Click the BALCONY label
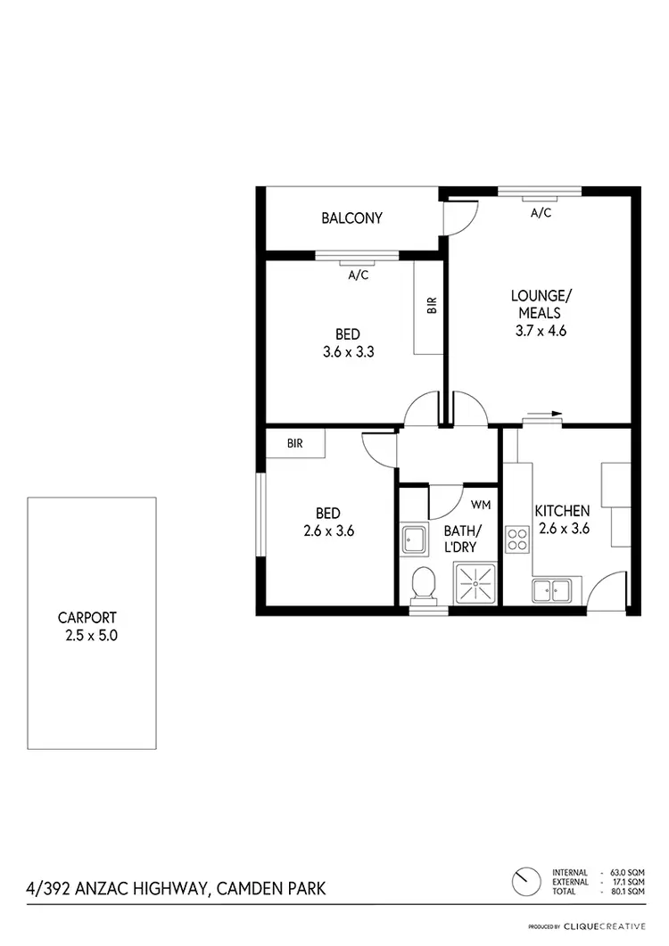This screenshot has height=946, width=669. click(x=352, y=218)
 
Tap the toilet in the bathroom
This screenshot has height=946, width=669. click(x=425, y=584)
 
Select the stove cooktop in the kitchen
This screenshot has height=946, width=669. click(x=517, y=539)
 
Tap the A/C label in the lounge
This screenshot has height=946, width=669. click(x=541, y=213)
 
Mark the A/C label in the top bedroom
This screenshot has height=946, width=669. click(x=358, y=276)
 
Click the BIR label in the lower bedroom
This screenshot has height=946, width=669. click(x=294, y=442)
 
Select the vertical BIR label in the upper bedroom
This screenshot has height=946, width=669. click(x=432, y=308)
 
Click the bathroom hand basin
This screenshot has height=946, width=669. click(x=415, y=539)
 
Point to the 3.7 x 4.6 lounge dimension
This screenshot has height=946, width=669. click(x=541, y=330)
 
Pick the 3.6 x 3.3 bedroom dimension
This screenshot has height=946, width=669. click(x=347, y=351)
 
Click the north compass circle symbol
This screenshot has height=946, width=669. click(x=525, y=883)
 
